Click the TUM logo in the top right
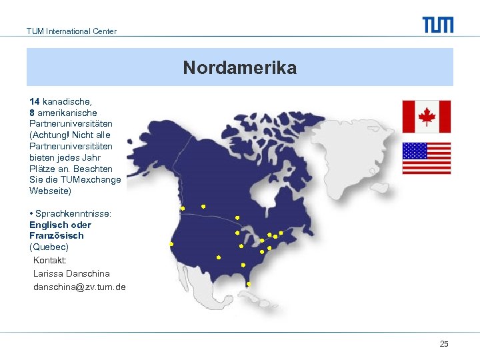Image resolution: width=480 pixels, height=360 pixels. [x=437, y=25]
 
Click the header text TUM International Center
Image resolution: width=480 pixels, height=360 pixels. [x=71, y=31]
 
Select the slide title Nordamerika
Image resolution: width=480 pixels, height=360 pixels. [x=239, y=68]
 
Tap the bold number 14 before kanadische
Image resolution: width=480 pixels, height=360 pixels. [x=35, y=101]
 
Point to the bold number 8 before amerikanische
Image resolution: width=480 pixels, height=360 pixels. [x=32, y=113]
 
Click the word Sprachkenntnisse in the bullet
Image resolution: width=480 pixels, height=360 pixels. [x=73, y=213]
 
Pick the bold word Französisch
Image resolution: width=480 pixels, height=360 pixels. [x=56, y=235]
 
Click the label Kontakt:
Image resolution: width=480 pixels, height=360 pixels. [x=50, y=260]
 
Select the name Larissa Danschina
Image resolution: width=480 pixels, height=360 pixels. [x=71, y=273]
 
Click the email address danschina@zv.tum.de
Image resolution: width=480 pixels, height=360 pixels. [x=79, y=287]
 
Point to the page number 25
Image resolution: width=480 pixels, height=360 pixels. [x=444, y=344]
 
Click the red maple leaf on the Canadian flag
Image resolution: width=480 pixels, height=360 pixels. [x=426, y=117]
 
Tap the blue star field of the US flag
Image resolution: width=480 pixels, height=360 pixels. [x=415, y=151]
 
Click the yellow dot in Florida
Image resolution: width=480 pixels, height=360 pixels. [x=248, y=284]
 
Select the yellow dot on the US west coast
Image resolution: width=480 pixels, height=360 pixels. [x=171, y=244]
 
